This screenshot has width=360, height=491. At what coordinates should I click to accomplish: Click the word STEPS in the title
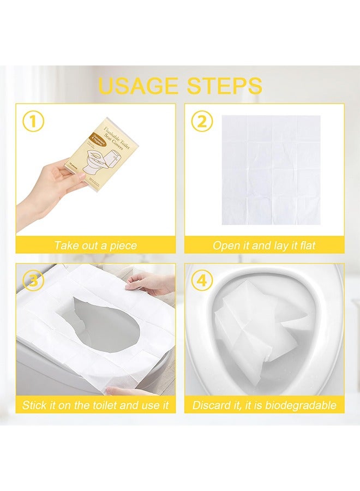(x=225, y=86)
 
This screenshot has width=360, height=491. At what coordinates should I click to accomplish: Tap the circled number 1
(x=33, y=122)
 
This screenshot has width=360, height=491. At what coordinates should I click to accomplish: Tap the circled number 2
(x=202, y=122)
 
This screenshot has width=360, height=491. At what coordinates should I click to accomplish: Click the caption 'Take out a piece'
(x=95, y=245)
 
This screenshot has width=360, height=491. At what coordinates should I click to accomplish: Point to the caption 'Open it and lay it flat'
(x=264, y=245)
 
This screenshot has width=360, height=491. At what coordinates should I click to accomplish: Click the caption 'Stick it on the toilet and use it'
(x=95, y=405)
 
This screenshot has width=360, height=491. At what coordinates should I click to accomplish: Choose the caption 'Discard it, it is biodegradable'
(x=264, y=405)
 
